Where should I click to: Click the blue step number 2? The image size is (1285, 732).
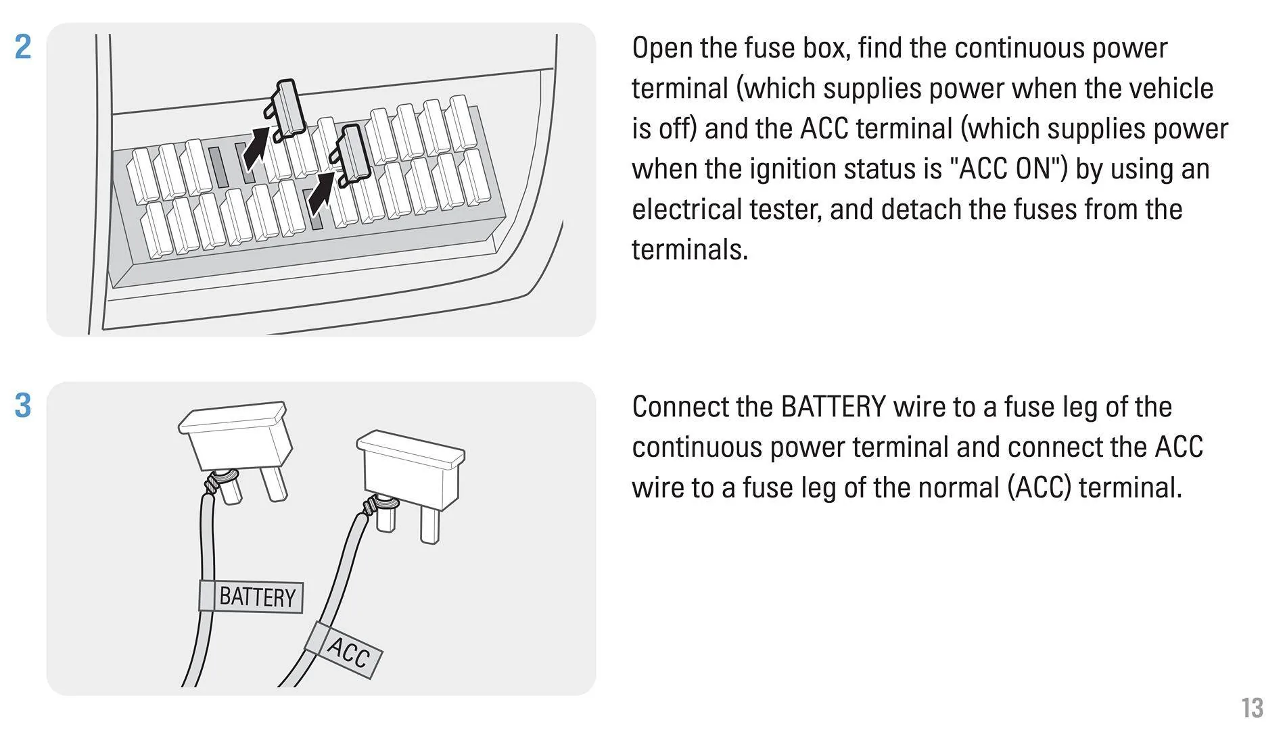click(23, 47)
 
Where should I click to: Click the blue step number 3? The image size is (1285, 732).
click(23, 405)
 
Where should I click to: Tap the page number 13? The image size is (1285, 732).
click(1252, 708)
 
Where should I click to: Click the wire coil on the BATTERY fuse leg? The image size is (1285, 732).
click(214, 484)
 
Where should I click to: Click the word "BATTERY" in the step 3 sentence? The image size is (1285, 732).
click(833, 408)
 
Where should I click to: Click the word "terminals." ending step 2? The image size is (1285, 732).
click(690, 250)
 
